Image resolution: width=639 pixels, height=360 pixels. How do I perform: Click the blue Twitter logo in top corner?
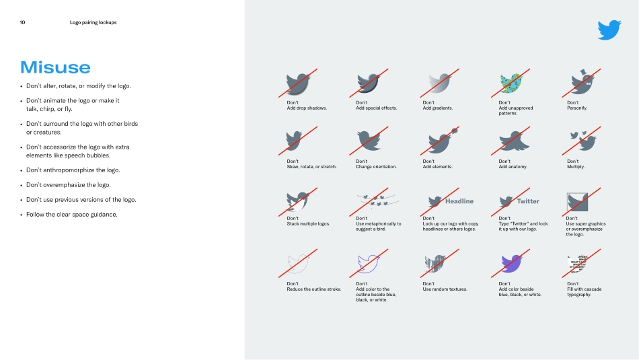(609, 30)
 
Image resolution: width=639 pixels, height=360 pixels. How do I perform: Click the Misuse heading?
(55, 67)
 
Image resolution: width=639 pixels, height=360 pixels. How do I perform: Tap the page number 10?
(22, 22)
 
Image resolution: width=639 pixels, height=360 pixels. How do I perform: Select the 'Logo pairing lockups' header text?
(93, 22)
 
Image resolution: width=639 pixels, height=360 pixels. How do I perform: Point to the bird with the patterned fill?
(511, 83)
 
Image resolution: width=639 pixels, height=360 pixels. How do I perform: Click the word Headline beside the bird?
(459, 201)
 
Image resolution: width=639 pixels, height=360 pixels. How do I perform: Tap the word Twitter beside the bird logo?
(528, 201)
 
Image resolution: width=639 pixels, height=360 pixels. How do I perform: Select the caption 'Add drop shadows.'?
(306, 108)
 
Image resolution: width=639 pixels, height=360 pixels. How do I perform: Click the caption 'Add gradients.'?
(437, 108)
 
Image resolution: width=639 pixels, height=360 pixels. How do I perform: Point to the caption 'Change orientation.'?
(376, 166)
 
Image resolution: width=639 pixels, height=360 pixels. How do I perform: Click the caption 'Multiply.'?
(576, 166)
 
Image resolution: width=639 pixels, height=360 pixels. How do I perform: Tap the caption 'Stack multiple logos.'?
(308, 223)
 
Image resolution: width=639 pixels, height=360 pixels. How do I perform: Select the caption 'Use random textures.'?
(445, 289)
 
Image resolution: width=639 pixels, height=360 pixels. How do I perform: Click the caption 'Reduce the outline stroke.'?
(313, 289)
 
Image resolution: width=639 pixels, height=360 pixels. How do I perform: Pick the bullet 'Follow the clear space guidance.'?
(71, 215)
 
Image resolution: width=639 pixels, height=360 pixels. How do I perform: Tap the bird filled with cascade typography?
(582, 264)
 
